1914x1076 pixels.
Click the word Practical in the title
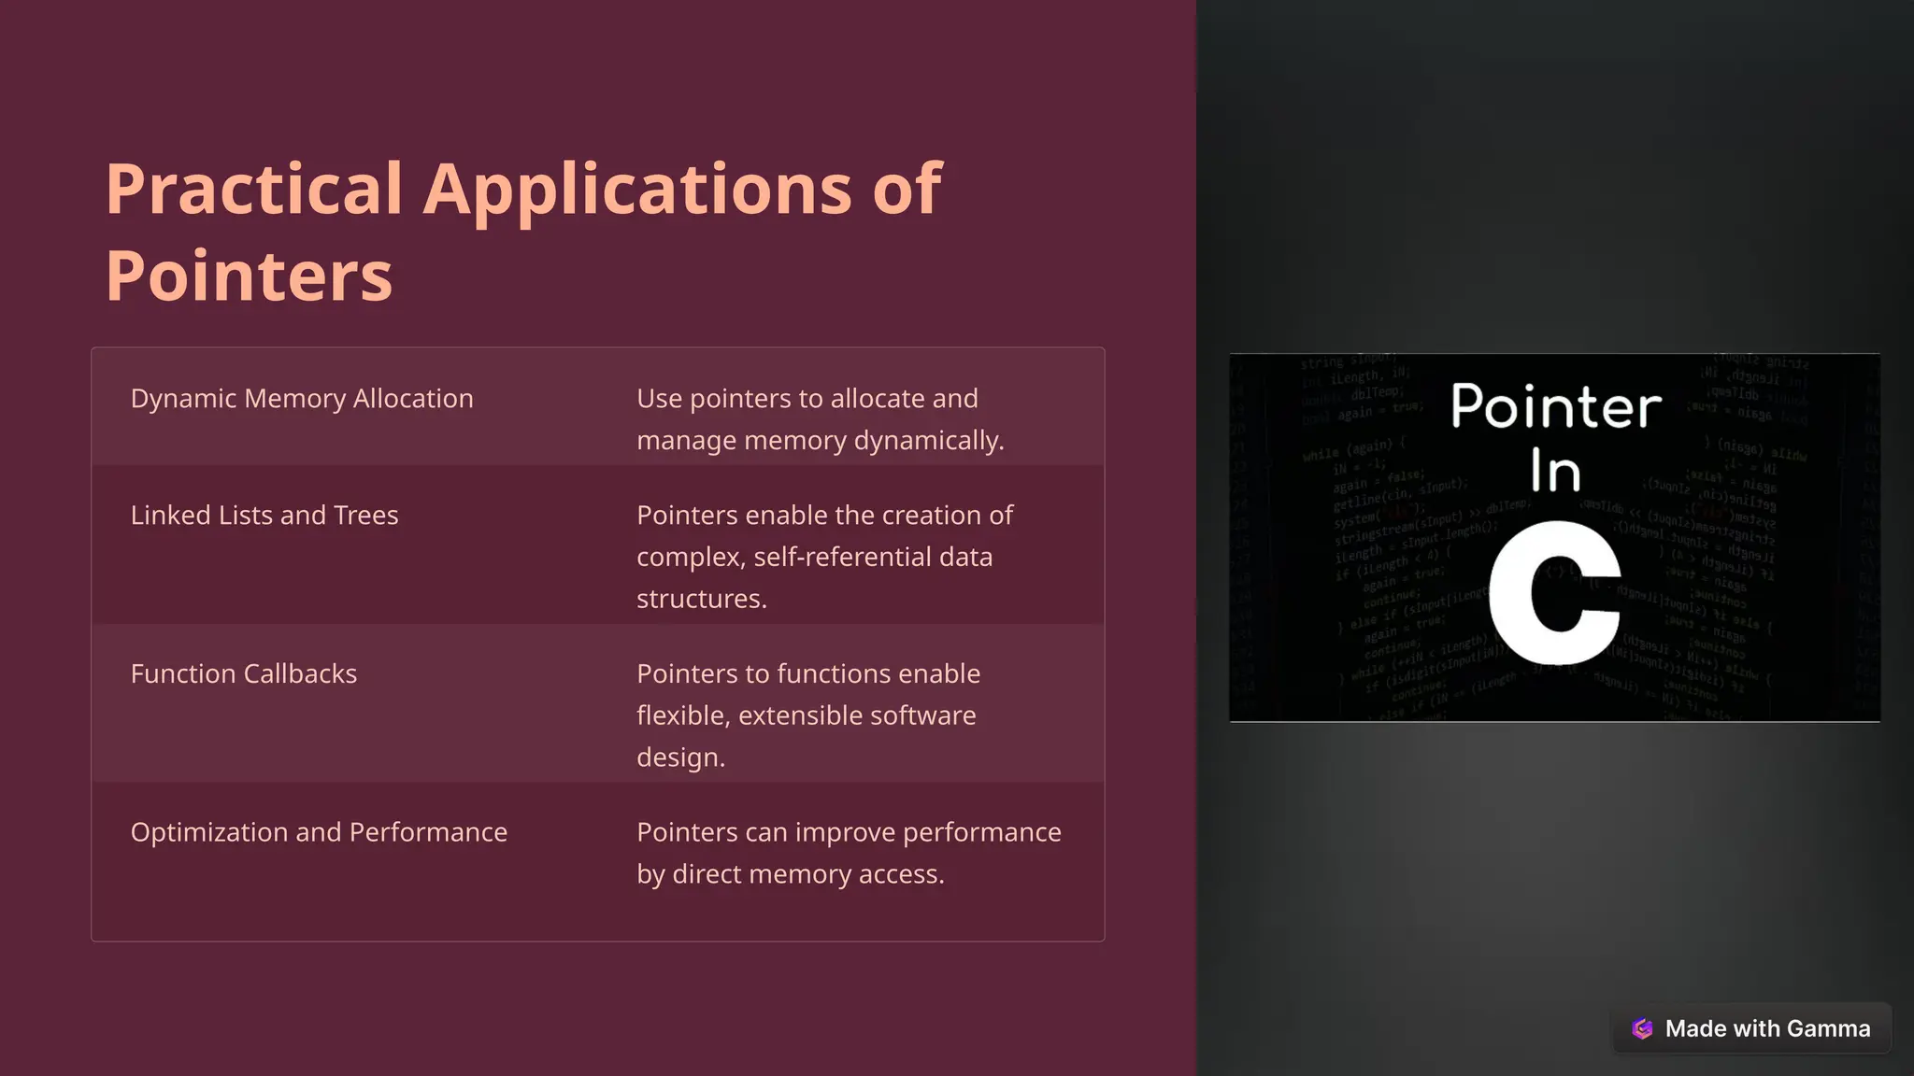pyautogui.click(x=253, y=189)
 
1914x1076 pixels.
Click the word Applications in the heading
pyautogui.click(x=637, y=191)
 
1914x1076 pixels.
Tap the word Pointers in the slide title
pyautogui.click(x=249, y=276)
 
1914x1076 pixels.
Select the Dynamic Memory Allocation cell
pyautogui.click(x=302, y=399)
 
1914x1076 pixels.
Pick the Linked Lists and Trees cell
pyautogui.click(x=264, y=516)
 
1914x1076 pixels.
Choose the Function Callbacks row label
pyautogui.click(x=244, y=674)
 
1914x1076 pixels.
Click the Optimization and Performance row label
pyautogui.click(x=319, y=832)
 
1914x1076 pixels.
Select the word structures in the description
pyautogui.click(x=701, y=600)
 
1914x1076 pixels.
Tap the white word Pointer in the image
pyautogui.click(x=1556, y=407)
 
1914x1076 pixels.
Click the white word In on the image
pyautogui.click(x=1555, y=471)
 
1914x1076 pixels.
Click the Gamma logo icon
pyautogui.click(x=1642, y=1028)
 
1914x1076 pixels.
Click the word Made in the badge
pyautogui.click(x=1695, y=1028)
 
